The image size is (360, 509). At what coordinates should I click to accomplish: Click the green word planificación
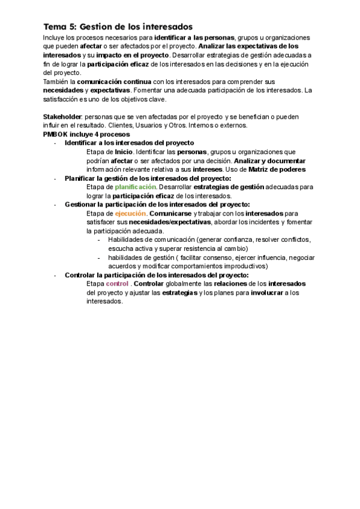point(135,187)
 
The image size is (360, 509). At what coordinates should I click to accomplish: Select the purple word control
point(118,283)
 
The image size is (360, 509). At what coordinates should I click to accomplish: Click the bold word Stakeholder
point(62,116)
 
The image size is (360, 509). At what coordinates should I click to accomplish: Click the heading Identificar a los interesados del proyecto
point(129,143)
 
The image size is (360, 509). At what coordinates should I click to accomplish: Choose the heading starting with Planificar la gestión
point(147,178)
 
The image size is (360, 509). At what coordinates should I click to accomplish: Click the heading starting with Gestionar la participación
point(153,205)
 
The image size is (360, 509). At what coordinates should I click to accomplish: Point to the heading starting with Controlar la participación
point(156,275)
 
